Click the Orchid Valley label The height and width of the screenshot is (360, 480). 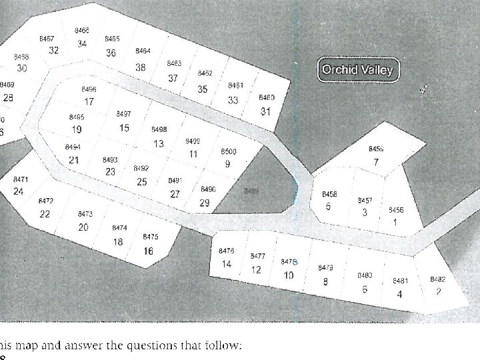[x=357, y=69]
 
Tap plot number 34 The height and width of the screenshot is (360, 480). [x=81, y=44]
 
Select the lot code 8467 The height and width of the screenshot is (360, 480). [x=47, y=39]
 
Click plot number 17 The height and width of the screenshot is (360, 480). [x=89, y=102]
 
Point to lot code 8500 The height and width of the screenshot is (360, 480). [x=228, y=152]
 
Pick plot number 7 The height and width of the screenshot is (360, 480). [x=377, y=162]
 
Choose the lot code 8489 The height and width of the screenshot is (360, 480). [x=251, y=191]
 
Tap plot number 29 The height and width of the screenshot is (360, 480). [x=205, y=203]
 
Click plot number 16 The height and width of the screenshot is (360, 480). [x=148, y=251]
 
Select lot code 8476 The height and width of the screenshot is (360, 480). [x=227, y=251]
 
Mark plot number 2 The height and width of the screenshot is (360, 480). [x=438, y=291]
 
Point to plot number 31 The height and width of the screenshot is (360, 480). [x=265, y=111]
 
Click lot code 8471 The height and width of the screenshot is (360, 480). [x=21, y=180]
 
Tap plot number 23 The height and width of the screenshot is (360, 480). [x=110, y=171]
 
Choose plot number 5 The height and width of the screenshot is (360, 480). [x=328, y=207]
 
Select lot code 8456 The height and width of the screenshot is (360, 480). [x=396, y=210]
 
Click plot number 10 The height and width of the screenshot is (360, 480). [x=289, y=275]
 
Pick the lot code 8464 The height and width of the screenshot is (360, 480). [x=143, y=51]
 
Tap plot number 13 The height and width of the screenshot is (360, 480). [x=159, y=143]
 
